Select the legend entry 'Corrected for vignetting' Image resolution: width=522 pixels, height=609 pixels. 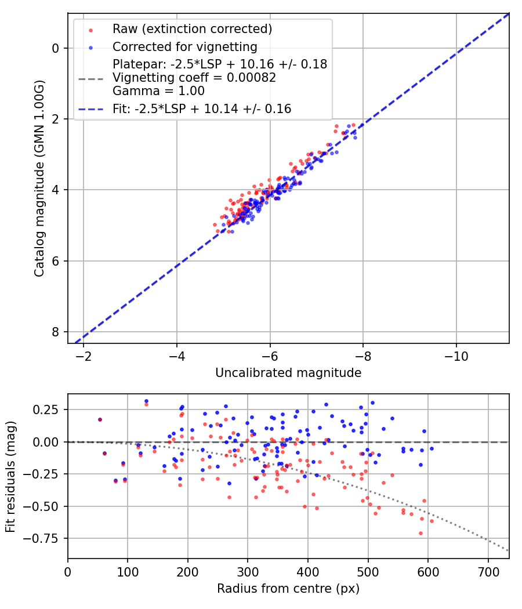pos(184,46)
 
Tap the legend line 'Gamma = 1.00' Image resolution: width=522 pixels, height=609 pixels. pos(158,91)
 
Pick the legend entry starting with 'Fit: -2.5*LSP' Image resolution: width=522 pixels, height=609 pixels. pos(201,108)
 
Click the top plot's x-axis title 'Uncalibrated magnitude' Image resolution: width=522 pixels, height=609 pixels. pos(288,373)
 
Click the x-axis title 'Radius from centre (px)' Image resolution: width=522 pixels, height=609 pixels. pos(288,589)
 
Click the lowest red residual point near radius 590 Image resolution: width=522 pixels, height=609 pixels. pos(420,533)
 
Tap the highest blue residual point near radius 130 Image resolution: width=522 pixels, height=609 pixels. pos(146,401)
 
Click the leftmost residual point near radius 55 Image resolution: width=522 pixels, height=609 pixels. pos(100,419)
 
